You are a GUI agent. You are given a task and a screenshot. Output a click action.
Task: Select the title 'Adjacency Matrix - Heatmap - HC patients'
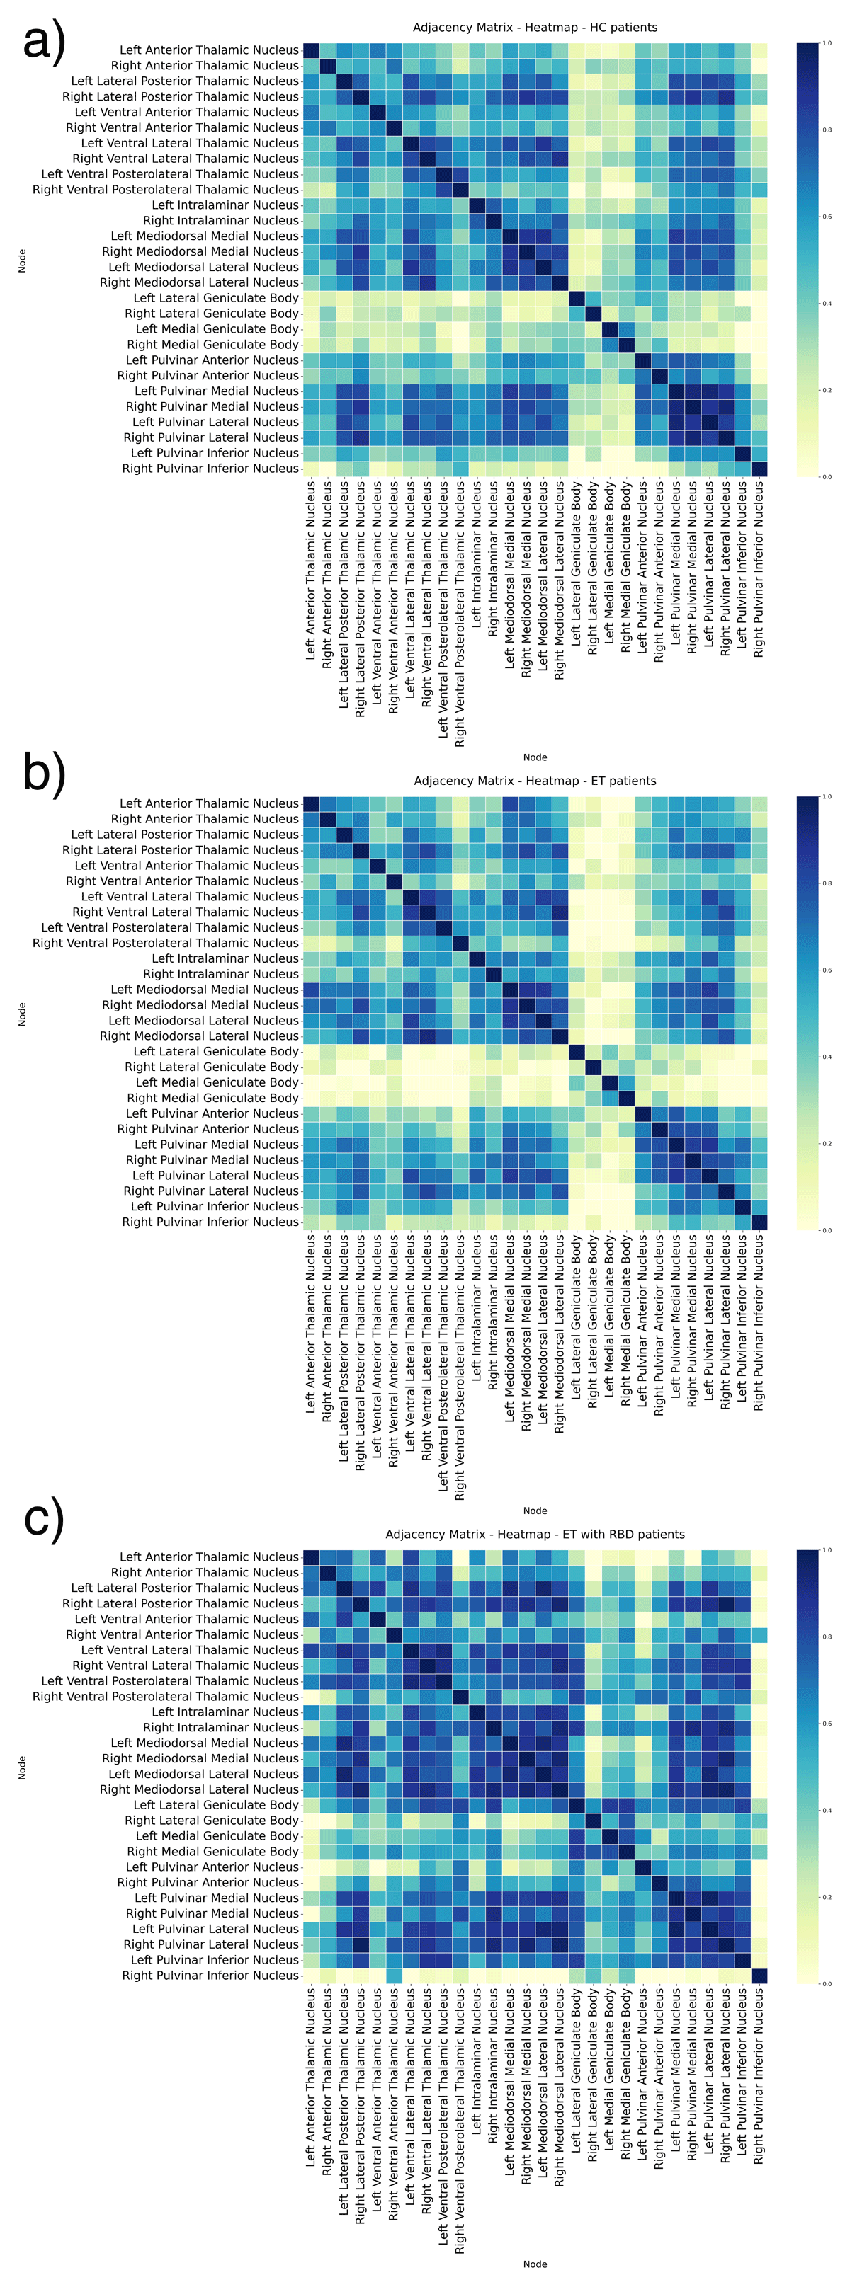[x=535, y=28]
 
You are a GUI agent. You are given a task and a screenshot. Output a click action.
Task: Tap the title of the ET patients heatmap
[x=535, y=781]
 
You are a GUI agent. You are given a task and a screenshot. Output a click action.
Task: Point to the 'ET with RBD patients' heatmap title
[x=535, y=1534]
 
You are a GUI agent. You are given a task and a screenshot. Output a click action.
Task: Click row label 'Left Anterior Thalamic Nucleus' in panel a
[x=209, y=50]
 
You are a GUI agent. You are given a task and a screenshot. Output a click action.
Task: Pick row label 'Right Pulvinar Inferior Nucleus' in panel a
[x=210, y=469]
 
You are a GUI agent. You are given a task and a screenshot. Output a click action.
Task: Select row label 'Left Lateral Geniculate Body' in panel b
[x=216, y=1051]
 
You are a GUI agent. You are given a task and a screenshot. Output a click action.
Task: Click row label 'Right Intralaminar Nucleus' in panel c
[x=220, y=1727]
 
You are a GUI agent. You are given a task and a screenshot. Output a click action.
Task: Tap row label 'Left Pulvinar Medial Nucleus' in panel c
[x=217, y=1897]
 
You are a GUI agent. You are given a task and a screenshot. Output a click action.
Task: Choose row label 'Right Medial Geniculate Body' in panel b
[x=212, y=1099]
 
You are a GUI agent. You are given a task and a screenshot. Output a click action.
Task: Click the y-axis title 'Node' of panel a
[x=22, y=260]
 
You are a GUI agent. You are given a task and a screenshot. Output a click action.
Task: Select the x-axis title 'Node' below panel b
[x=535, y=1511]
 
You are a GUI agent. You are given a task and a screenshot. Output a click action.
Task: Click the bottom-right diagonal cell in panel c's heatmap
[x=759, y=1976]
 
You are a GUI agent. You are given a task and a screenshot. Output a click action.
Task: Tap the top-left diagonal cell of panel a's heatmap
[x=311, y=50]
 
